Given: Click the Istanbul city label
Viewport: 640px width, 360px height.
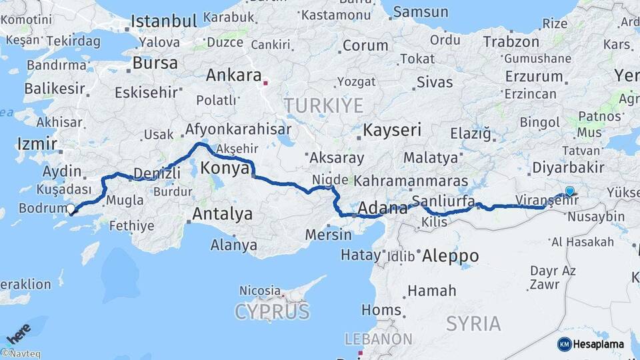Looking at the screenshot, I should [x=164, y=21].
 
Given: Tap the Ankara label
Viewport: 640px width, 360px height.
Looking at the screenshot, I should [x=233, y=75].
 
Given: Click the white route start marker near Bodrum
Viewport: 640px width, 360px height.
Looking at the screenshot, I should [x=71, y=209].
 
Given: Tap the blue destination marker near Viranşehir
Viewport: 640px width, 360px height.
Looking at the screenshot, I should [x=569, y=192].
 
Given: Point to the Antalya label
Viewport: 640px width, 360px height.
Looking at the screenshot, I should [x=222, y=214].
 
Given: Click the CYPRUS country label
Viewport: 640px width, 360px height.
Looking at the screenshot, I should [x=272, y=311].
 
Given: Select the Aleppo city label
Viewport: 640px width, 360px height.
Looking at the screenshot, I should [x=450, y=256].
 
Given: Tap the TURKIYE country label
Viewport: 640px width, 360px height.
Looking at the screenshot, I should [x=323, y=105].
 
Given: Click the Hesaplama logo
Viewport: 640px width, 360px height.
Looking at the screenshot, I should [x=591, y=344].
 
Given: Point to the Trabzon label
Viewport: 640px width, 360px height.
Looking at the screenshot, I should [x=511, y=42].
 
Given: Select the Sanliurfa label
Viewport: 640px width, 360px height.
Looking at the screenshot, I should [x=443, y=201].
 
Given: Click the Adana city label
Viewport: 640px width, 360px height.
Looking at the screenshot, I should [x=383, y=208].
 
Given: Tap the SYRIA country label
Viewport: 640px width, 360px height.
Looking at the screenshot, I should [x=473, y=324].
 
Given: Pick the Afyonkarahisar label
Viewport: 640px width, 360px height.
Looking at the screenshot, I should [x=239, y=129].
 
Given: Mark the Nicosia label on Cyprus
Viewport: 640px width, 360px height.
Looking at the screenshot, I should [x=260, y=291].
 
